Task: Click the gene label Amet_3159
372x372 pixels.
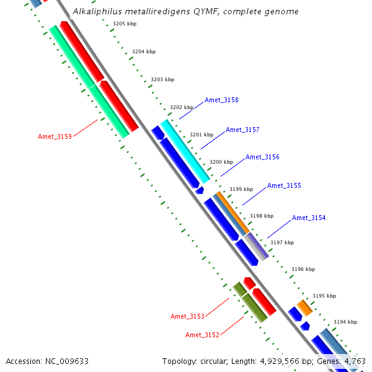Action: tap(55, 136)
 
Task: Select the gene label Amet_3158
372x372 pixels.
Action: tap(221, 100)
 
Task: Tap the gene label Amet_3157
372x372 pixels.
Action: tap(242, 130)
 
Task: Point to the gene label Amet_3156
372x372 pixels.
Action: tap(262, 157)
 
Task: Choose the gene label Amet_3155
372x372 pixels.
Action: tap(284, 185)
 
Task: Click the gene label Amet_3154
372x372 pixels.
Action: tap(309, 218)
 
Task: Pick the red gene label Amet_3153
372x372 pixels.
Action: tap(187, 316)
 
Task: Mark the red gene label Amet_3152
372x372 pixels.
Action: tap(202, 335)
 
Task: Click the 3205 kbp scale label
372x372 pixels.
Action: tap(125, 24)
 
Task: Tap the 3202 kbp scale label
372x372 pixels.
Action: tap(182, 107)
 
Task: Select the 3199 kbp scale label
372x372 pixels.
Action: tap(241, 189)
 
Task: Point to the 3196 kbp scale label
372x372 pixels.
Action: tap(303, 269)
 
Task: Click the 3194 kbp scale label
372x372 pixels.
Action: tap(345, 322)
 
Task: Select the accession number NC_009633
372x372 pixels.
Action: tap(67, 361)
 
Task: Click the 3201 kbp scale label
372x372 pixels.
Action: tap(201, 135)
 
